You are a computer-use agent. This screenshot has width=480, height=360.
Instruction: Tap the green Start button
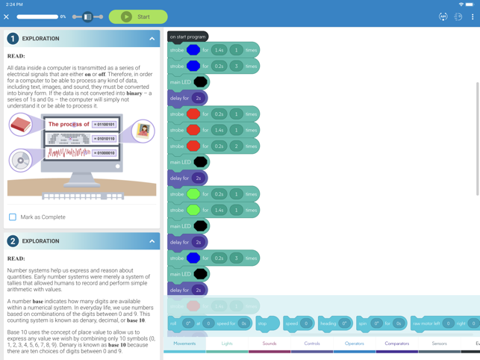[x=138, y=16]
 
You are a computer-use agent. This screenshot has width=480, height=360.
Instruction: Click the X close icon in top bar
[x=7, y=16]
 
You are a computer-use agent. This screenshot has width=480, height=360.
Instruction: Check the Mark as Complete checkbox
[x=13, y=217]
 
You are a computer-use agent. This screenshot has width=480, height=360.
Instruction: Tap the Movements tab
[x=184, y=344]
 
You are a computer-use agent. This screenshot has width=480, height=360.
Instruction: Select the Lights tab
[x=227, y=344]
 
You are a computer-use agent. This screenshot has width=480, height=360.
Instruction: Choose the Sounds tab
[x=269, y=344]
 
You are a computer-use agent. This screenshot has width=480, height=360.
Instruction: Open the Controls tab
[x=312, y=344]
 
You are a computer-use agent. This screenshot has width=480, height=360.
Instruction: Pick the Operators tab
[x=355, y=344]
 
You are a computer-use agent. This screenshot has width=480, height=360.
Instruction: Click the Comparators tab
[x=396, y=344]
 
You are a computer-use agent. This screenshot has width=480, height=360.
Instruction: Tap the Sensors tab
[x=439, y=344]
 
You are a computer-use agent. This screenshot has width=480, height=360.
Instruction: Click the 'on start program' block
[x=187, y=37]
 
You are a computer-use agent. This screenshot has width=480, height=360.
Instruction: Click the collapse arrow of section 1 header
[x=152, y=38]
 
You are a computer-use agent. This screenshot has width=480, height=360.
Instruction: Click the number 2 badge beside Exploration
[x=13, y=241]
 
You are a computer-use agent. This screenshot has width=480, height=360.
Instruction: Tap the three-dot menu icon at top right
[x=473, y=16]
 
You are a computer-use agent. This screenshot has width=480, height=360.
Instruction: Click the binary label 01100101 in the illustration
[x=105, y=125]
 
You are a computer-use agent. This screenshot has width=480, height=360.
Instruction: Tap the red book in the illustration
[x=21, y=124]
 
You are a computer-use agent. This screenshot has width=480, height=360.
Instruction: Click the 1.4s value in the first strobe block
[x=219, y=50]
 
